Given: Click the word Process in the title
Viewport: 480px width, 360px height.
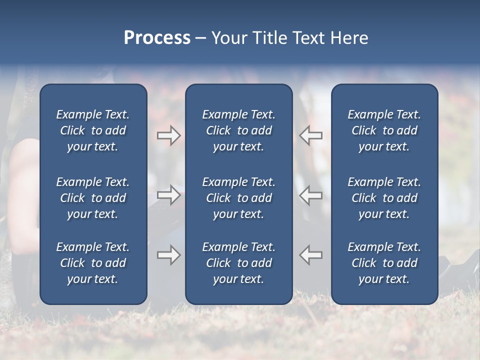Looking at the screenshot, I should click(157, 38).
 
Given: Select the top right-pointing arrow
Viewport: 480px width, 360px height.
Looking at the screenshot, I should click(168, 135).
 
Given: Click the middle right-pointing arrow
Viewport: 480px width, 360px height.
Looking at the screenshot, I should click(168, 194).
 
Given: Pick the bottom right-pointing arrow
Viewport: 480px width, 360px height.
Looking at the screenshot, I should click(168, 255).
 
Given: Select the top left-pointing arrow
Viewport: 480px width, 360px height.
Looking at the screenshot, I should click(311, 135).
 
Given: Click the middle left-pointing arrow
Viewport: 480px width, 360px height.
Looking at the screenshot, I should click(311, 194).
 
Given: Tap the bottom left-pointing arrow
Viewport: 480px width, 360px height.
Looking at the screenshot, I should click(311, 255).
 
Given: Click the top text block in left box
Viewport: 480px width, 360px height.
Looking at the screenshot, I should click(93, 130).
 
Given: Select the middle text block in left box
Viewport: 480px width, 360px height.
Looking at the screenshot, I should click(93, 198).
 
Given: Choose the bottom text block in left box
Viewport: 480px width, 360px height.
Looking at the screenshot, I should click(93, 263).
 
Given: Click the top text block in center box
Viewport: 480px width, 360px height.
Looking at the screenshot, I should click(238, 130).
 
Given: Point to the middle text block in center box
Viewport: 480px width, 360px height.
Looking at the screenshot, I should click(238, 198).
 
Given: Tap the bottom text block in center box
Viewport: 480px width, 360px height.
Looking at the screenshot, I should click(238, 263).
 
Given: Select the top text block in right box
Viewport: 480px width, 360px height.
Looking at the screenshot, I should click(384, 130).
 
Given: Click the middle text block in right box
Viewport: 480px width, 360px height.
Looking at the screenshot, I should click(384, 198).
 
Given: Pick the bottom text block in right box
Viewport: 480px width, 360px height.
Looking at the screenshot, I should click(384, 263).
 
